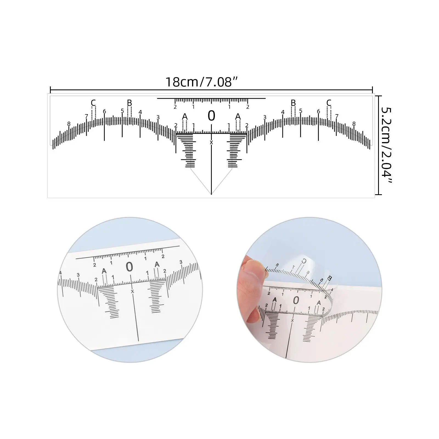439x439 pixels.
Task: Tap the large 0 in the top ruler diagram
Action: (211, 116)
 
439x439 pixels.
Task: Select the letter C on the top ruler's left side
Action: (93, 103)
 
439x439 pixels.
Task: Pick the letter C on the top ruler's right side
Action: (329, 103)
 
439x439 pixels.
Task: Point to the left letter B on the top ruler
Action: (130, 103)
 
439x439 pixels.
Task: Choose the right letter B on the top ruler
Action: (293, 103)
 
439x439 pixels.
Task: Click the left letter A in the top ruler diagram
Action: (185, 117)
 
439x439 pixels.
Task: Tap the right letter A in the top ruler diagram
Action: (238, 117)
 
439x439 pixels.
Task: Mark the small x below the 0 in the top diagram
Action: (211, 142)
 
